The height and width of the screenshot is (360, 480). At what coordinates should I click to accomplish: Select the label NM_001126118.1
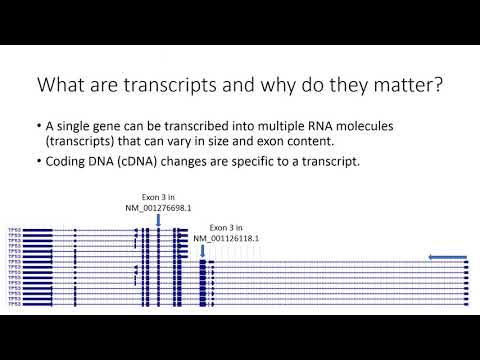[x=226, y=238]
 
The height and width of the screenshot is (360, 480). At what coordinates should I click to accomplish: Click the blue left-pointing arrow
[x=447, y=258]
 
